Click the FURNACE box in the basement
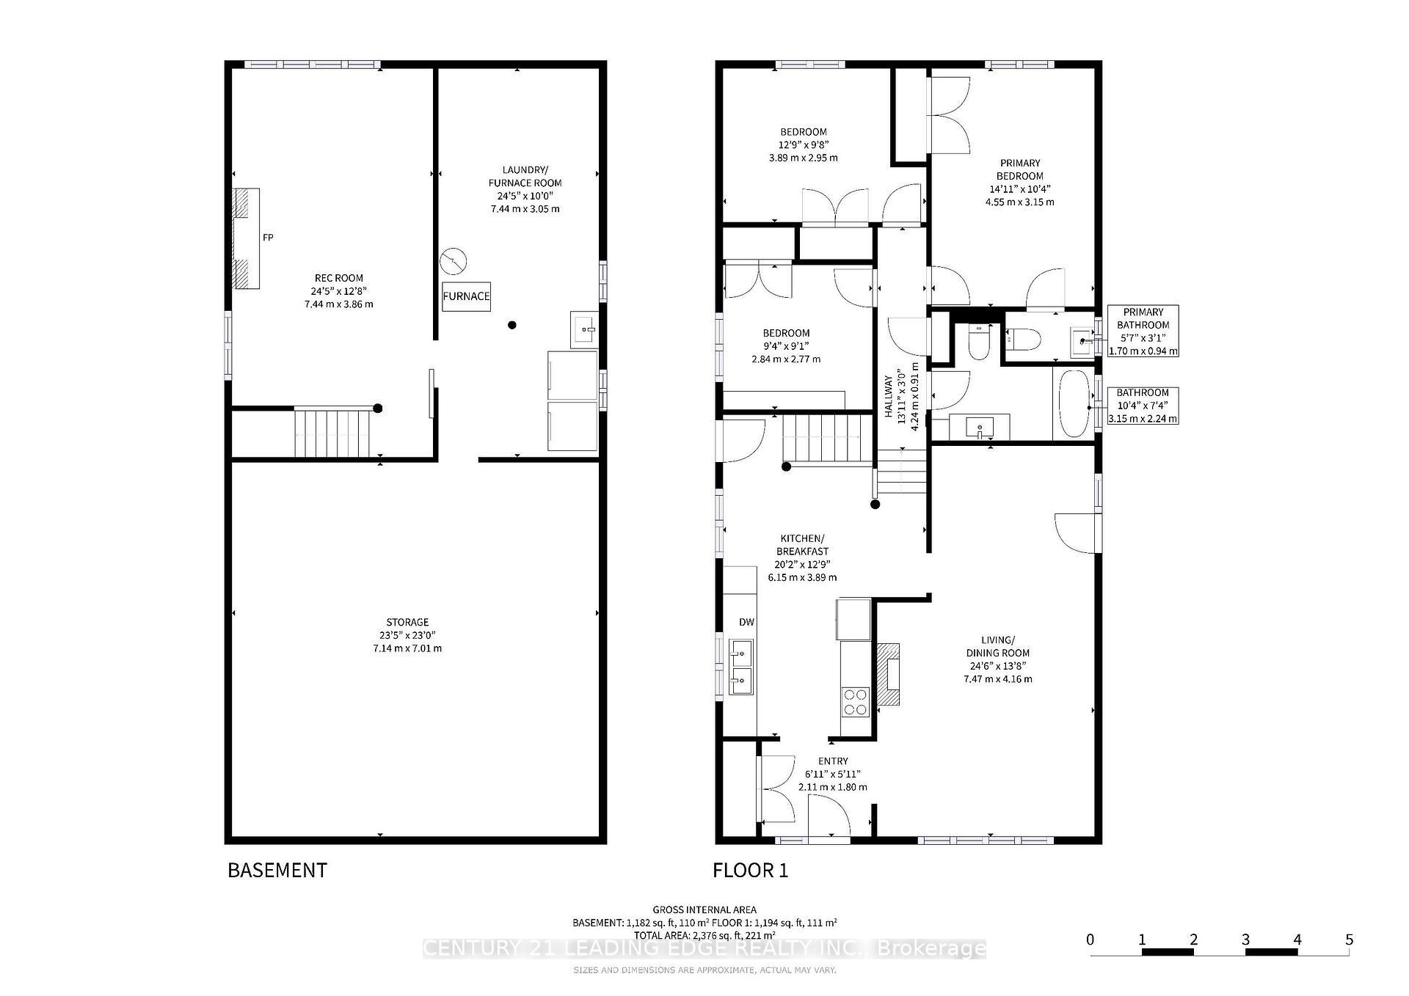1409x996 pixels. point(466,296)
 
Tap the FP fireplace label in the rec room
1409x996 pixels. point(268,238)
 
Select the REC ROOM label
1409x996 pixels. point(338,278)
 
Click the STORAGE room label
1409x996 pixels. point(407,622)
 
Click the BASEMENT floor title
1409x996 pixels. point(277,870)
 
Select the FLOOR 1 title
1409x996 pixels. point(750,871)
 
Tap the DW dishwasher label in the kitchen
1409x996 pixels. point(746,622)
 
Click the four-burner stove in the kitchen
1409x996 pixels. point(854,701)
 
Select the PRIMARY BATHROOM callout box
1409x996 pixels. point(1143,331)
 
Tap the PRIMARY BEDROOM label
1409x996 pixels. point(1019,169)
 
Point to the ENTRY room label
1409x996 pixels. point(832,761)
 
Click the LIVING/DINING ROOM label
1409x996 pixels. point(997,646)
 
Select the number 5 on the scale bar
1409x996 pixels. point(1349,940)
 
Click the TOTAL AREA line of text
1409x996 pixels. point(704,935)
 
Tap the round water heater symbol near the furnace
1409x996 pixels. point(454,261)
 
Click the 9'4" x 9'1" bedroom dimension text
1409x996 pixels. point(786,346)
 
